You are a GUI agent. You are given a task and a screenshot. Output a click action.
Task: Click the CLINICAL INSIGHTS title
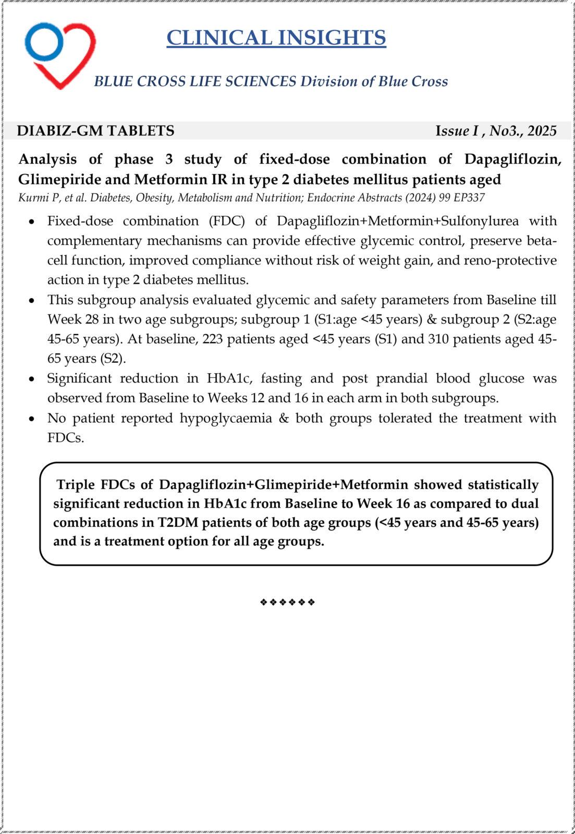[276, 38]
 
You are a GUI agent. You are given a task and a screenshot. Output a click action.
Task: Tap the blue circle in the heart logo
[44, 41]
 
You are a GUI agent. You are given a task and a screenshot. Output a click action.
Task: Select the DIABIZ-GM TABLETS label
[95, 131]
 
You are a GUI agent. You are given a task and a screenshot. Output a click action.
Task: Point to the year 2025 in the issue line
[542, 131]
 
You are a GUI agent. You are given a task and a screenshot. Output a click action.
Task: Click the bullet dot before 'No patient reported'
[32, 419]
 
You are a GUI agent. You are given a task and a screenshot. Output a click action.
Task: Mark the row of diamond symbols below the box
[287, 603]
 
